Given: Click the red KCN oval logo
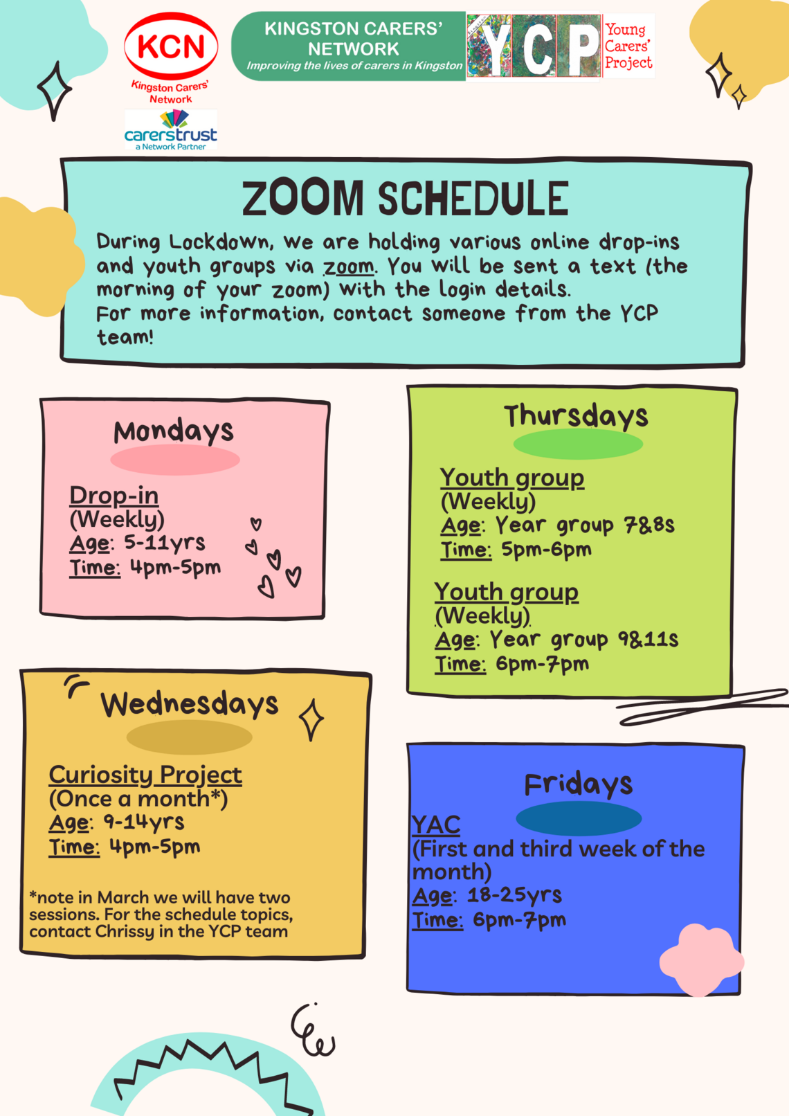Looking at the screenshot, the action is coord(171,46).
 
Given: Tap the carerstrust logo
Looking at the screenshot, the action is coord(170,129).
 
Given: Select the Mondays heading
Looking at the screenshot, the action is coord(173,431).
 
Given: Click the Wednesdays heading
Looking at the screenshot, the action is coord(189,704).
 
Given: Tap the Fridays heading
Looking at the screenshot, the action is coord(579,784).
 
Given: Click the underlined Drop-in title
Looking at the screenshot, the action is coord(114,495).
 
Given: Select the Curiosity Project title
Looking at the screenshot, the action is coord(145,775).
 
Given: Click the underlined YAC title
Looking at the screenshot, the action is coord(436,825).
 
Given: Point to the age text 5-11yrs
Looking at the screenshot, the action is coord(165,543).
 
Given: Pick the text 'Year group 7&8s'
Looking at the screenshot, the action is coord(585,525).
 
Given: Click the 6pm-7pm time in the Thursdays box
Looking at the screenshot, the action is coord(542,664).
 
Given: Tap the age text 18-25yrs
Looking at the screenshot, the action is coord(514,895).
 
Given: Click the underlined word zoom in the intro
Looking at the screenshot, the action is coord(349,267).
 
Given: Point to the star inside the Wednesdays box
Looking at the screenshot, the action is coord(311,719).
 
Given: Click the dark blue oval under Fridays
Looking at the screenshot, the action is coord(579,818).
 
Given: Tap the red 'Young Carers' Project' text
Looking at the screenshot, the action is coord(628,46).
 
